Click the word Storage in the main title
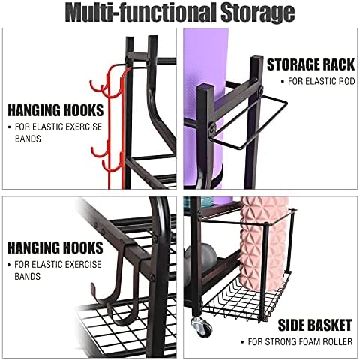[x=258, y=13]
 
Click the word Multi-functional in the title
[x=141, y=13]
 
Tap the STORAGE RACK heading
[x=310, y=64]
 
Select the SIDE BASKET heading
[x=315, y=325]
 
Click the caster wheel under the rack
[x=202, y=326]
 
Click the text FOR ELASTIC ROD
[x=322, y=81]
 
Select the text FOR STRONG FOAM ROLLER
[x=300, y=341]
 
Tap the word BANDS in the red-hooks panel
[x=28, y=139]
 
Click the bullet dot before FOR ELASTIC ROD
[x=283, y=82]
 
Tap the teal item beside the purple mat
[x=199, y=202]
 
